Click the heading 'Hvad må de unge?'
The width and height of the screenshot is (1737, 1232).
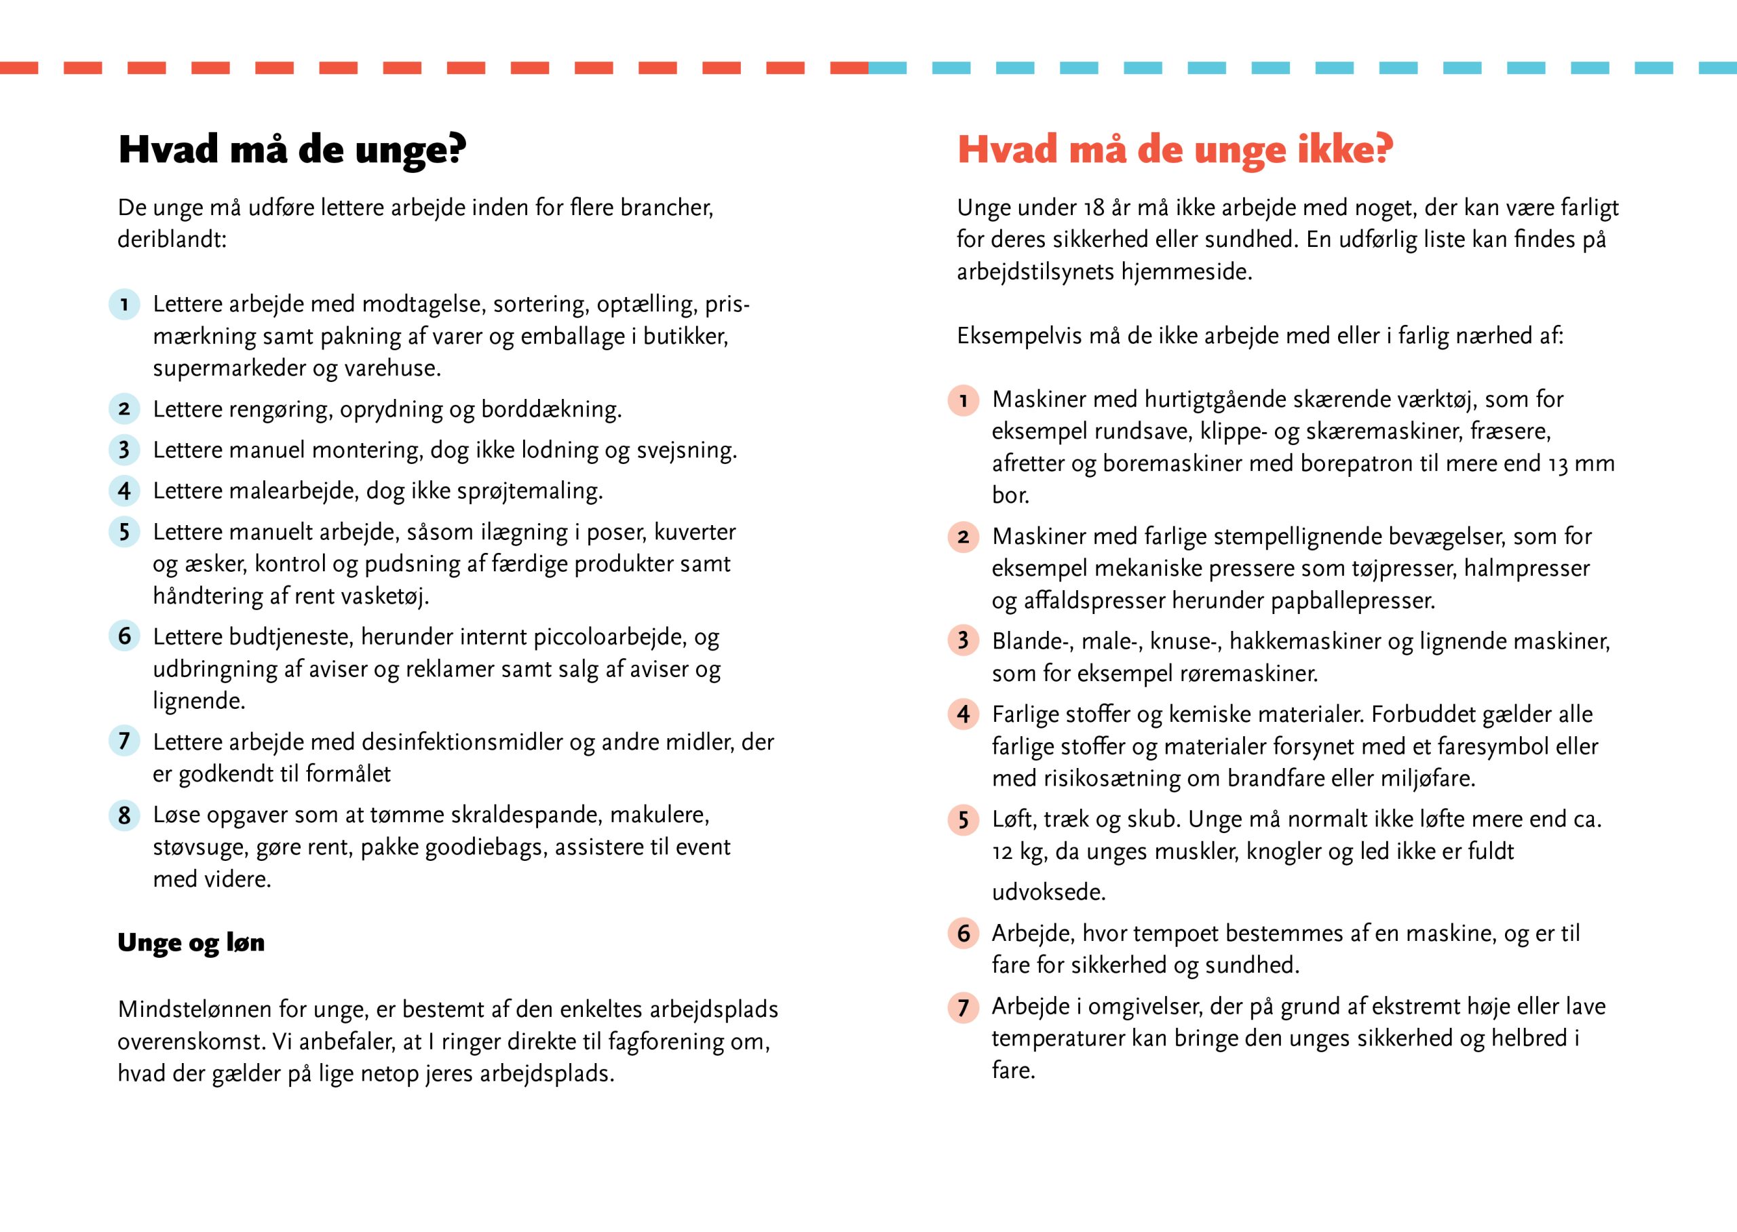pos(292,149)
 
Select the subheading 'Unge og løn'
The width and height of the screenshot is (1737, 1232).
pos(191,942)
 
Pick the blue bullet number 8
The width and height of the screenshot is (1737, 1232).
pos(124,815)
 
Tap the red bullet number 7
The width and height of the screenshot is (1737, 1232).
pos(963,1007)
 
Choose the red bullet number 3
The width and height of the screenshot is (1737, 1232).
pos(963,641)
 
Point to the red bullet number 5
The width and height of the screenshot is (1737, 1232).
pos(963,820)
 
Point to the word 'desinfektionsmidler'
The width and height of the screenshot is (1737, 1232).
pos(467,742)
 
